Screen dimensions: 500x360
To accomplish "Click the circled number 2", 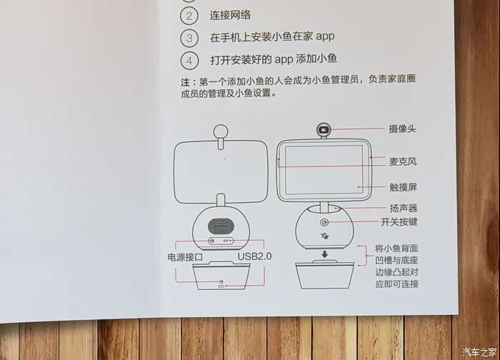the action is click(x=189, y=16).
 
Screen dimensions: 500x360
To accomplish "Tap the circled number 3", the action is click(x=189, y=39).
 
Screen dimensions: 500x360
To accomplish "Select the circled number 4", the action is click(x=189, y=61).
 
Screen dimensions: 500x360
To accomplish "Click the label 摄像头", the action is click(x=402, y=129).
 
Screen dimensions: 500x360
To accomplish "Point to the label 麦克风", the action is click(x=403, y=161).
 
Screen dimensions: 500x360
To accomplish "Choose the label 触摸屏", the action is click(x=403, y=187).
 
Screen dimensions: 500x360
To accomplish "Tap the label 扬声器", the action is click(x=404, y=209).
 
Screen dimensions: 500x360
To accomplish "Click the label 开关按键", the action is click(x=399, y=221).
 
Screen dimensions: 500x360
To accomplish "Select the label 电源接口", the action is click(x=185, y=257).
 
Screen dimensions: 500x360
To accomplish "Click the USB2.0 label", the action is click(x=254, y=256).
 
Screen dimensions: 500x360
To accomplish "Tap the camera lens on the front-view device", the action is click(x=324, y=130).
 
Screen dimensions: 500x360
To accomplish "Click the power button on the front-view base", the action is click(x=324, y=222).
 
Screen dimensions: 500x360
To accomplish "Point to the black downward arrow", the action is click(x=324, y=254).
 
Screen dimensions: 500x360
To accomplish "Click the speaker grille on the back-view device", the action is click(x=221, y=226).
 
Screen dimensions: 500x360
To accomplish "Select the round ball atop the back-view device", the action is click(x=221, y=131).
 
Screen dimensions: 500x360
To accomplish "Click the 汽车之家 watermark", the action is click(x=479, y=351).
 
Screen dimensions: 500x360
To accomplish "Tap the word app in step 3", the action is click(x=325, y=36).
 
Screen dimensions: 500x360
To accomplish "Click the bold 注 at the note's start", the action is click(x=185, y=82).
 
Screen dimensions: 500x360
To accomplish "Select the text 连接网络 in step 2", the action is click(x=230, y=15).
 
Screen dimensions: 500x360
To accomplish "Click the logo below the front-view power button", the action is click(x=325, y=236).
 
